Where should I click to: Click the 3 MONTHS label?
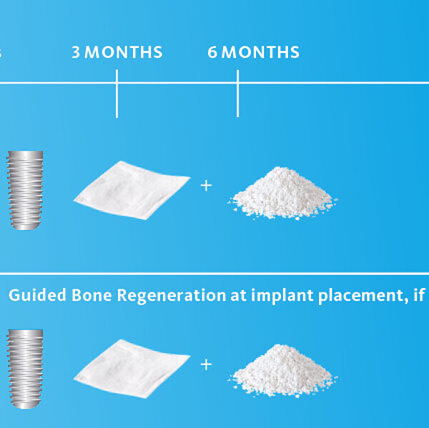pos(117,52)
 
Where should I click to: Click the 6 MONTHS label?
pos(253,52)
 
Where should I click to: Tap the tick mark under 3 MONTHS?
pos(117,94)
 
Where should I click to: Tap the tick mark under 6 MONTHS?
pos(238,94)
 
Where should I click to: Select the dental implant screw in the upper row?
pos(25,190)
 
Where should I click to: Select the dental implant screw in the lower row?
pos(25,369)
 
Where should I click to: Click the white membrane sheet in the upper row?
pos(132,190)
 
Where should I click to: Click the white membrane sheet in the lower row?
pos(132,369)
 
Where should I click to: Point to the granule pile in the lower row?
pos(283,371)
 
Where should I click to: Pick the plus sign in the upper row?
pos(206,186)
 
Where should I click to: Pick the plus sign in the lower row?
pos(206,365)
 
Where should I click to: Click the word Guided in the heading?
pos(37,295)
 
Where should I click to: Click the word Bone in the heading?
pos(92,295)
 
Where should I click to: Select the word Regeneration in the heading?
pos(172,297)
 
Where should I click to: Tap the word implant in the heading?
pos(282,297)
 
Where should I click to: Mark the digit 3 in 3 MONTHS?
pos(76,52)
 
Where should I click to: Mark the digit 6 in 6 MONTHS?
pos(212,52)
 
